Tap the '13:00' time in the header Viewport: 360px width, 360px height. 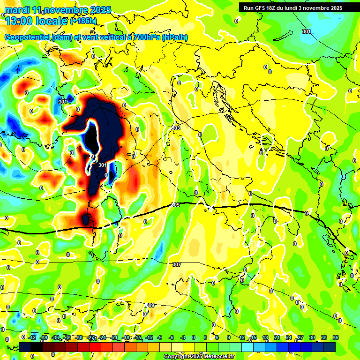point(18,21)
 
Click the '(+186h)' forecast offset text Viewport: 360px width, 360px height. point(84,21)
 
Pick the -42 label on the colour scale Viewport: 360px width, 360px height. point(32,337)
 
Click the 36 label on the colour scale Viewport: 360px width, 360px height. point(335,337)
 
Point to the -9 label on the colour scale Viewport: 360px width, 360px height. point(159,337)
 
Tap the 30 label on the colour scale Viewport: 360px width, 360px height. point(312,337)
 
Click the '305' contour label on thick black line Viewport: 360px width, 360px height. point(175,205)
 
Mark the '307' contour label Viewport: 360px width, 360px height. point(177,265)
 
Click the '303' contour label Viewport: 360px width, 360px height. point(176,128)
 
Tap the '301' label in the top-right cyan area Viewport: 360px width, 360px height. point(306,31)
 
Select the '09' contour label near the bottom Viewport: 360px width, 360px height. point(150,305)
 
